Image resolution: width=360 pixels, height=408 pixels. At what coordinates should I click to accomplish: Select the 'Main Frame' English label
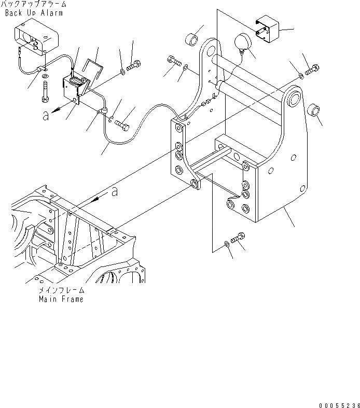[61, 299]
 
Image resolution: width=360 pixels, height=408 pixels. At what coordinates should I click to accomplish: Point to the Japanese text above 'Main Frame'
[61, 291]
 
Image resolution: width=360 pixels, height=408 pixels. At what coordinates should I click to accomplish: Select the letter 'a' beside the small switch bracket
[46, 115]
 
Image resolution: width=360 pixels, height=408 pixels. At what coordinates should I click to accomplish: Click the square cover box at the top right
[267, 29]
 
